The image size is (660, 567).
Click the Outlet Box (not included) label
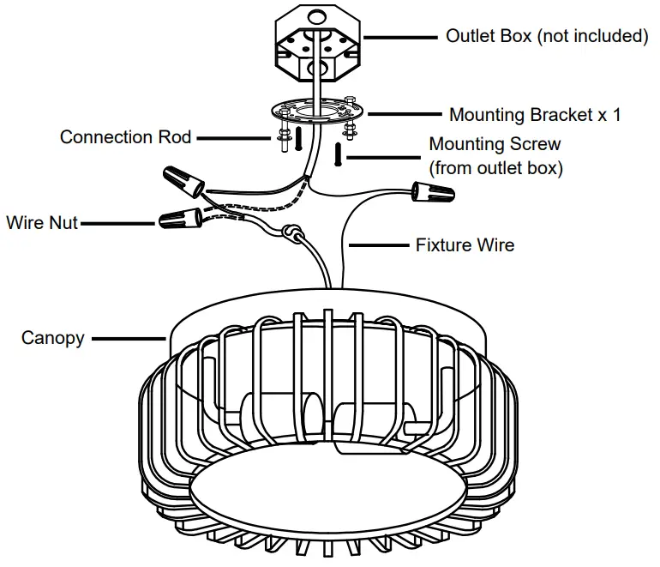pos(547,36)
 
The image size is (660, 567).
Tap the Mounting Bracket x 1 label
pos(535,115)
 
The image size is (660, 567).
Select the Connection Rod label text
pos(126,137)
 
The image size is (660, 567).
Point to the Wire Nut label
pos(42,223)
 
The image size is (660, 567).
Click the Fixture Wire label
pos(465,245)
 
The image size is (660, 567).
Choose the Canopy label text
pos(53,338)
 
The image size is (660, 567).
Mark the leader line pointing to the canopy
pos(128,338)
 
